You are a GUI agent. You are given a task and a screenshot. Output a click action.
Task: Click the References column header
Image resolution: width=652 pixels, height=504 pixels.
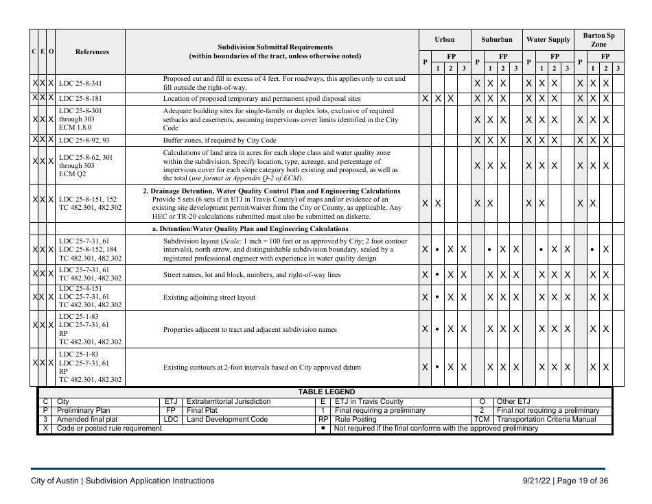click(91, 51)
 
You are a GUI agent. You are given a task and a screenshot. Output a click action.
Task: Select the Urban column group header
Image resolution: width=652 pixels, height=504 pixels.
click(444, 40)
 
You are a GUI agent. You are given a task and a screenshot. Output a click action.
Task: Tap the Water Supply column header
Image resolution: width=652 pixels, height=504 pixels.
click(548, 40)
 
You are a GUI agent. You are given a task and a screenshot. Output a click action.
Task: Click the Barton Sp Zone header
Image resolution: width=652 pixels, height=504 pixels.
click(598, 39)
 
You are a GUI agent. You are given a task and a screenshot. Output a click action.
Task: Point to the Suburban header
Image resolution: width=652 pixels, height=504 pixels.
click(496, 40)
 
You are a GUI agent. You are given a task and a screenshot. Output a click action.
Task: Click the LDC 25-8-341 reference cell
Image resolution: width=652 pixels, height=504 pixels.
click(80, 84)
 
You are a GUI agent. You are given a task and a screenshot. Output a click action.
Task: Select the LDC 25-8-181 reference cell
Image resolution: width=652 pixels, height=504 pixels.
click(80, 99)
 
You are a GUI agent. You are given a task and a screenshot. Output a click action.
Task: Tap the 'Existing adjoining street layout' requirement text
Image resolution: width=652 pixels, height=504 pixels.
click(209, 298)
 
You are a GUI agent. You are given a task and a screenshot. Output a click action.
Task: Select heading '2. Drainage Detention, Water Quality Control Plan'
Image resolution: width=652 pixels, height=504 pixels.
click(271, 191)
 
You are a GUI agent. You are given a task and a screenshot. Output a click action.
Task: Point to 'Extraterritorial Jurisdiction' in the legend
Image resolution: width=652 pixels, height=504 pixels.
click(229, 402)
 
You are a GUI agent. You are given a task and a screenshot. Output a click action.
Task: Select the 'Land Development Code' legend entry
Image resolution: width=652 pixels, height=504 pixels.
click(227, 420)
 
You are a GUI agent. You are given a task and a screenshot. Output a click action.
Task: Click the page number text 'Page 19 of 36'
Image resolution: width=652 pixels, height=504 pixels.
click(581, 481)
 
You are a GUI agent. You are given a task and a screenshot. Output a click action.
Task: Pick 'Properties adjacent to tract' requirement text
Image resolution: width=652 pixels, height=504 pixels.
click(250, 330)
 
